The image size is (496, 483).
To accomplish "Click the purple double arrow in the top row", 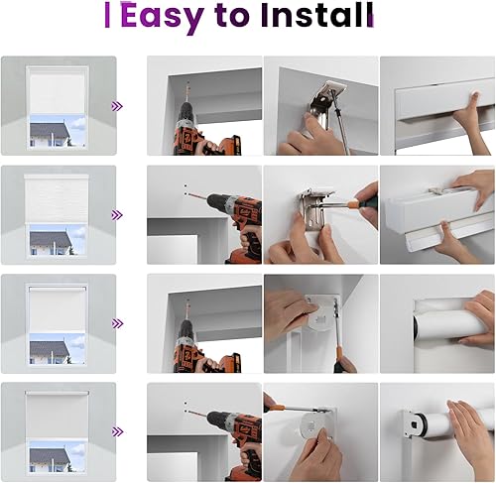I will point(117,105).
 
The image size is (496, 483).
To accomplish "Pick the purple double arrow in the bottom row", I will point(117,431).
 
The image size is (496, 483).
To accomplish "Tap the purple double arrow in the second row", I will point(117,214).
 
